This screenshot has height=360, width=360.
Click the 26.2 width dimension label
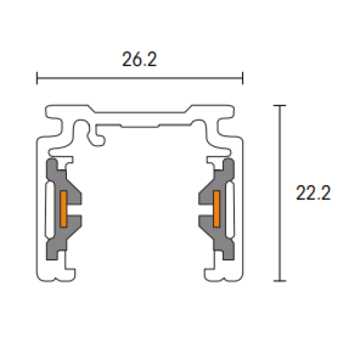[x=140, y=60]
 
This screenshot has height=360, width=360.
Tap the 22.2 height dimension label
[x=312, y=193]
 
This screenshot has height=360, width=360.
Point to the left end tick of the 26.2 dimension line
[x=37, y=78]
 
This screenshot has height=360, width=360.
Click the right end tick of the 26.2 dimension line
[x=243, y=78]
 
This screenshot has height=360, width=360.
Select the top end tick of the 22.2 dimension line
[x=281, y=106]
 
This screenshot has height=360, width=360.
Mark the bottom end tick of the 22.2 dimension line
[x=281, y=280]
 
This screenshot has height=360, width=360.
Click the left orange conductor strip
[x=63, y=209]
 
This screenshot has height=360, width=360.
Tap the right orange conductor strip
[x=216, y=209]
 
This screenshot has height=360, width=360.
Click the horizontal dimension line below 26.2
[x=140, y=78]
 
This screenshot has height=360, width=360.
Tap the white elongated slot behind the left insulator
[x=48, y=209]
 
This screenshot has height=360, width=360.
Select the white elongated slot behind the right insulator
[x=231, y=209]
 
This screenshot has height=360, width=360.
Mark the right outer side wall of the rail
[x=242, y=209]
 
